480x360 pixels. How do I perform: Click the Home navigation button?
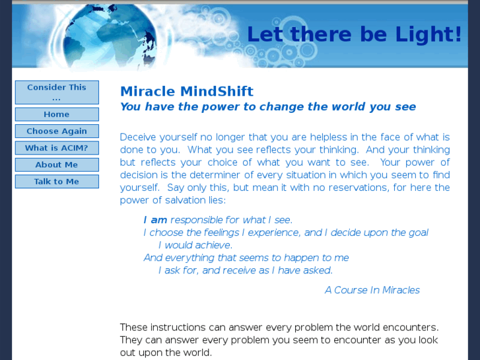coord(57,114)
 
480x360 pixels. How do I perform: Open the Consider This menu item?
coord(57,92)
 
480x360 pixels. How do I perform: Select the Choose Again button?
coord(57,131)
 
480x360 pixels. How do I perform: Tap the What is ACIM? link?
coord(57,148)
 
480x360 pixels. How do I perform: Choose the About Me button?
coord(57,164)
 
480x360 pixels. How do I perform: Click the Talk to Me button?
coord(57,182)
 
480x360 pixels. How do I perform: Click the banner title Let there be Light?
coord(354,34)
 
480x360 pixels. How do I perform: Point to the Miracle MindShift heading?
coord(187,92)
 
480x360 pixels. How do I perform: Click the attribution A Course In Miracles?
coord(372,290)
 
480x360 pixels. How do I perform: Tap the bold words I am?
coord(155,220)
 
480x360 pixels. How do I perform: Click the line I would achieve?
coord(195,245)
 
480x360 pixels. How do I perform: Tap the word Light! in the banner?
coord(432,34)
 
